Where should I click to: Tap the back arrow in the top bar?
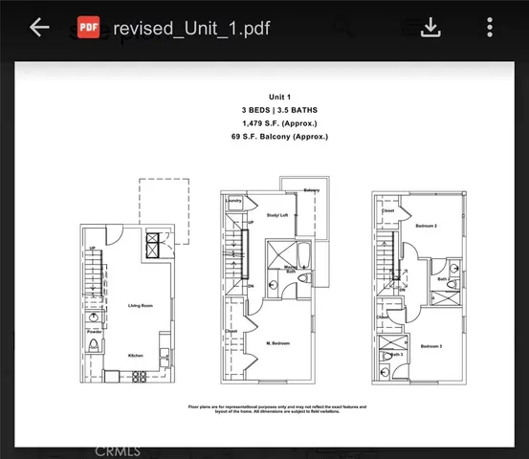click(39, 28)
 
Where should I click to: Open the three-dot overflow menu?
click(490, 28)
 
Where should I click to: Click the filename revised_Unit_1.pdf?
click(191, 28)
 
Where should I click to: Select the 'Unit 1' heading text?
click(265, 97)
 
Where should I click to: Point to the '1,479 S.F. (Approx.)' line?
click(265, 123)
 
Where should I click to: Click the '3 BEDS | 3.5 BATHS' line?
click(265, 110)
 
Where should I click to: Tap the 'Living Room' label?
click(142, 306)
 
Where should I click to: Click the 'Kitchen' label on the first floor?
click(137, 356)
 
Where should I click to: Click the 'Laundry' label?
click(233, 201)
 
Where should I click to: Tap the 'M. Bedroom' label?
click(277, 342)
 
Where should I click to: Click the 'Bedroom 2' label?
click(427, 226)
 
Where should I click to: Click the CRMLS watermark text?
click(119, 448)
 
